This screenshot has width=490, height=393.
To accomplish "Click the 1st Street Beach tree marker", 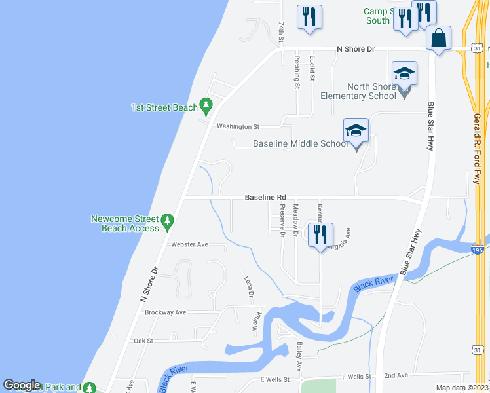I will (x=206, y=105).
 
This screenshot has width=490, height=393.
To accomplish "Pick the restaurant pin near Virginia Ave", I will (x=320, y=235).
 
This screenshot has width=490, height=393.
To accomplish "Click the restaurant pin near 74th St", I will (x=310, y=17).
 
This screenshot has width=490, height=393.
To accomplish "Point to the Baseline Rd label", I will (x=265, y=197).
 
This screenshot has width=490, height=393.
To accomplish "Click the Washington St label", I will (x=238, y=126).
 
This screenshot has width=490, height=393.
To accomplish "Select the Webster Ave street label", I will (x=189, y=244).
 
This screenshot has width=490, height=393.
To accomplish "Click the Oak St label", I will (x=143, y=341).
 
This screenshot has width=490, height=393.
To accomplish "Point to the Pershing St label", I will (x=297, y=72).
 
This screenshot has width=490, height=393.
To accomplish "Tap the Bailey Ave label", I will (x=299, y=356).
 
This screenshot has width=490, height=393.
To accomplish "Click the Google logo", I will (x=22, y=385).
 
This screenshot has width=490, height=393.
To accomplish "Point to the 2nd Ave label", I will (x=396, y=375).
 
